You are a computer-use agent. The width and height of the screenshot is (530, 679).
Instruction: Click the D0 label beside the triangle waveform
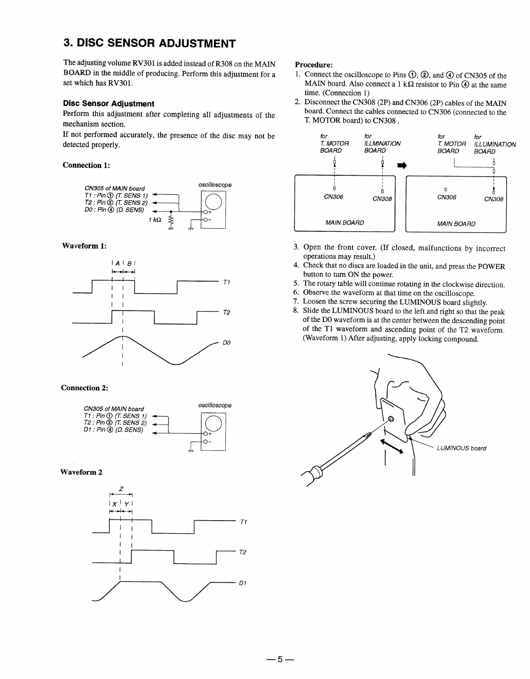pyautogui.click(x=226, y=343)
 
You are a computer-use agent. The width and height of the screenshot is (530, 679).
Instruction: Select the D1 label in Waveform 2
pyautogui.click(x=243, y=583)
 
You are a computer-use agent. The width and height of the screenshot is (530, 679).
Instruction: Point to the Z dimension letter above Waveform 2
pyautogui.click(x=121, y=489)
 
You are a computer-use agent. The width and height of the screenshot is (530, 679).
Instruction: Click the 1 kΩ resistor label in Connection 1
pyautogui.click(x=155, y=220)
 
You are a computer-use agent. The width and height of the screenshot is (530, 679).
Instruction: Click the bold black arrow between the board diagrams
pyautogui.click(x=402, y=165)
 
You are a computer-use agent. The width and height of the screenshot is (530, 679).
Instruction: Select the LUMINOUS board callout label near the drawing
pyautogui.click(x=461, y=448)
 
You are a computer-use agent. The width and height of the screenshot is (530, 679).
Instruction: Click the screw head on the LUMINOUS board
pyautogui.click(x=391, y=419)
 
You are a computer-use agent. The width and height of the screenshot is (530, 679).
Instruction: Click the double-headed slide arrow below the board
pyautogui.click(x=392, y=447)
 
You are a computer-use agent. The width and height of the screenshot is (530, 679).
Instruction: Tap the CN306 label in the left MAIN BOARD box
pyautogui.click(x=333, y=197)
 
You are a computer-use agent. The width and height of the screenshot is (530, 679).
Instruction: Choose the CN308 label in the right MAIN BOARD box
pyautogui.click(x=494, y=199)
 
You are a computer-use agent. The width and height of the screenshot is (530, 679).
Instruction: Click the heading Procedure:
pyautogui.click(x=314, y=65)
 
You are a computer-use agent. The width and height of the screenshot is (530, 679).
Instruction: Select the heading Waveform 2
pyautogui.click(x=81, y=472)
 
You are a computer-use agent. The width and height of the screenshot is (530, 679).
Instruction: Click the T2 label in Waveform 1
pyautogui.click(x=226, y=312)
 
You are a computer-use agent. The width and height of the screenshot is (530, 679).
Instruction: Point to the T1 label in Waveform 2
pyautogui.click(x=243, y=522)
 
